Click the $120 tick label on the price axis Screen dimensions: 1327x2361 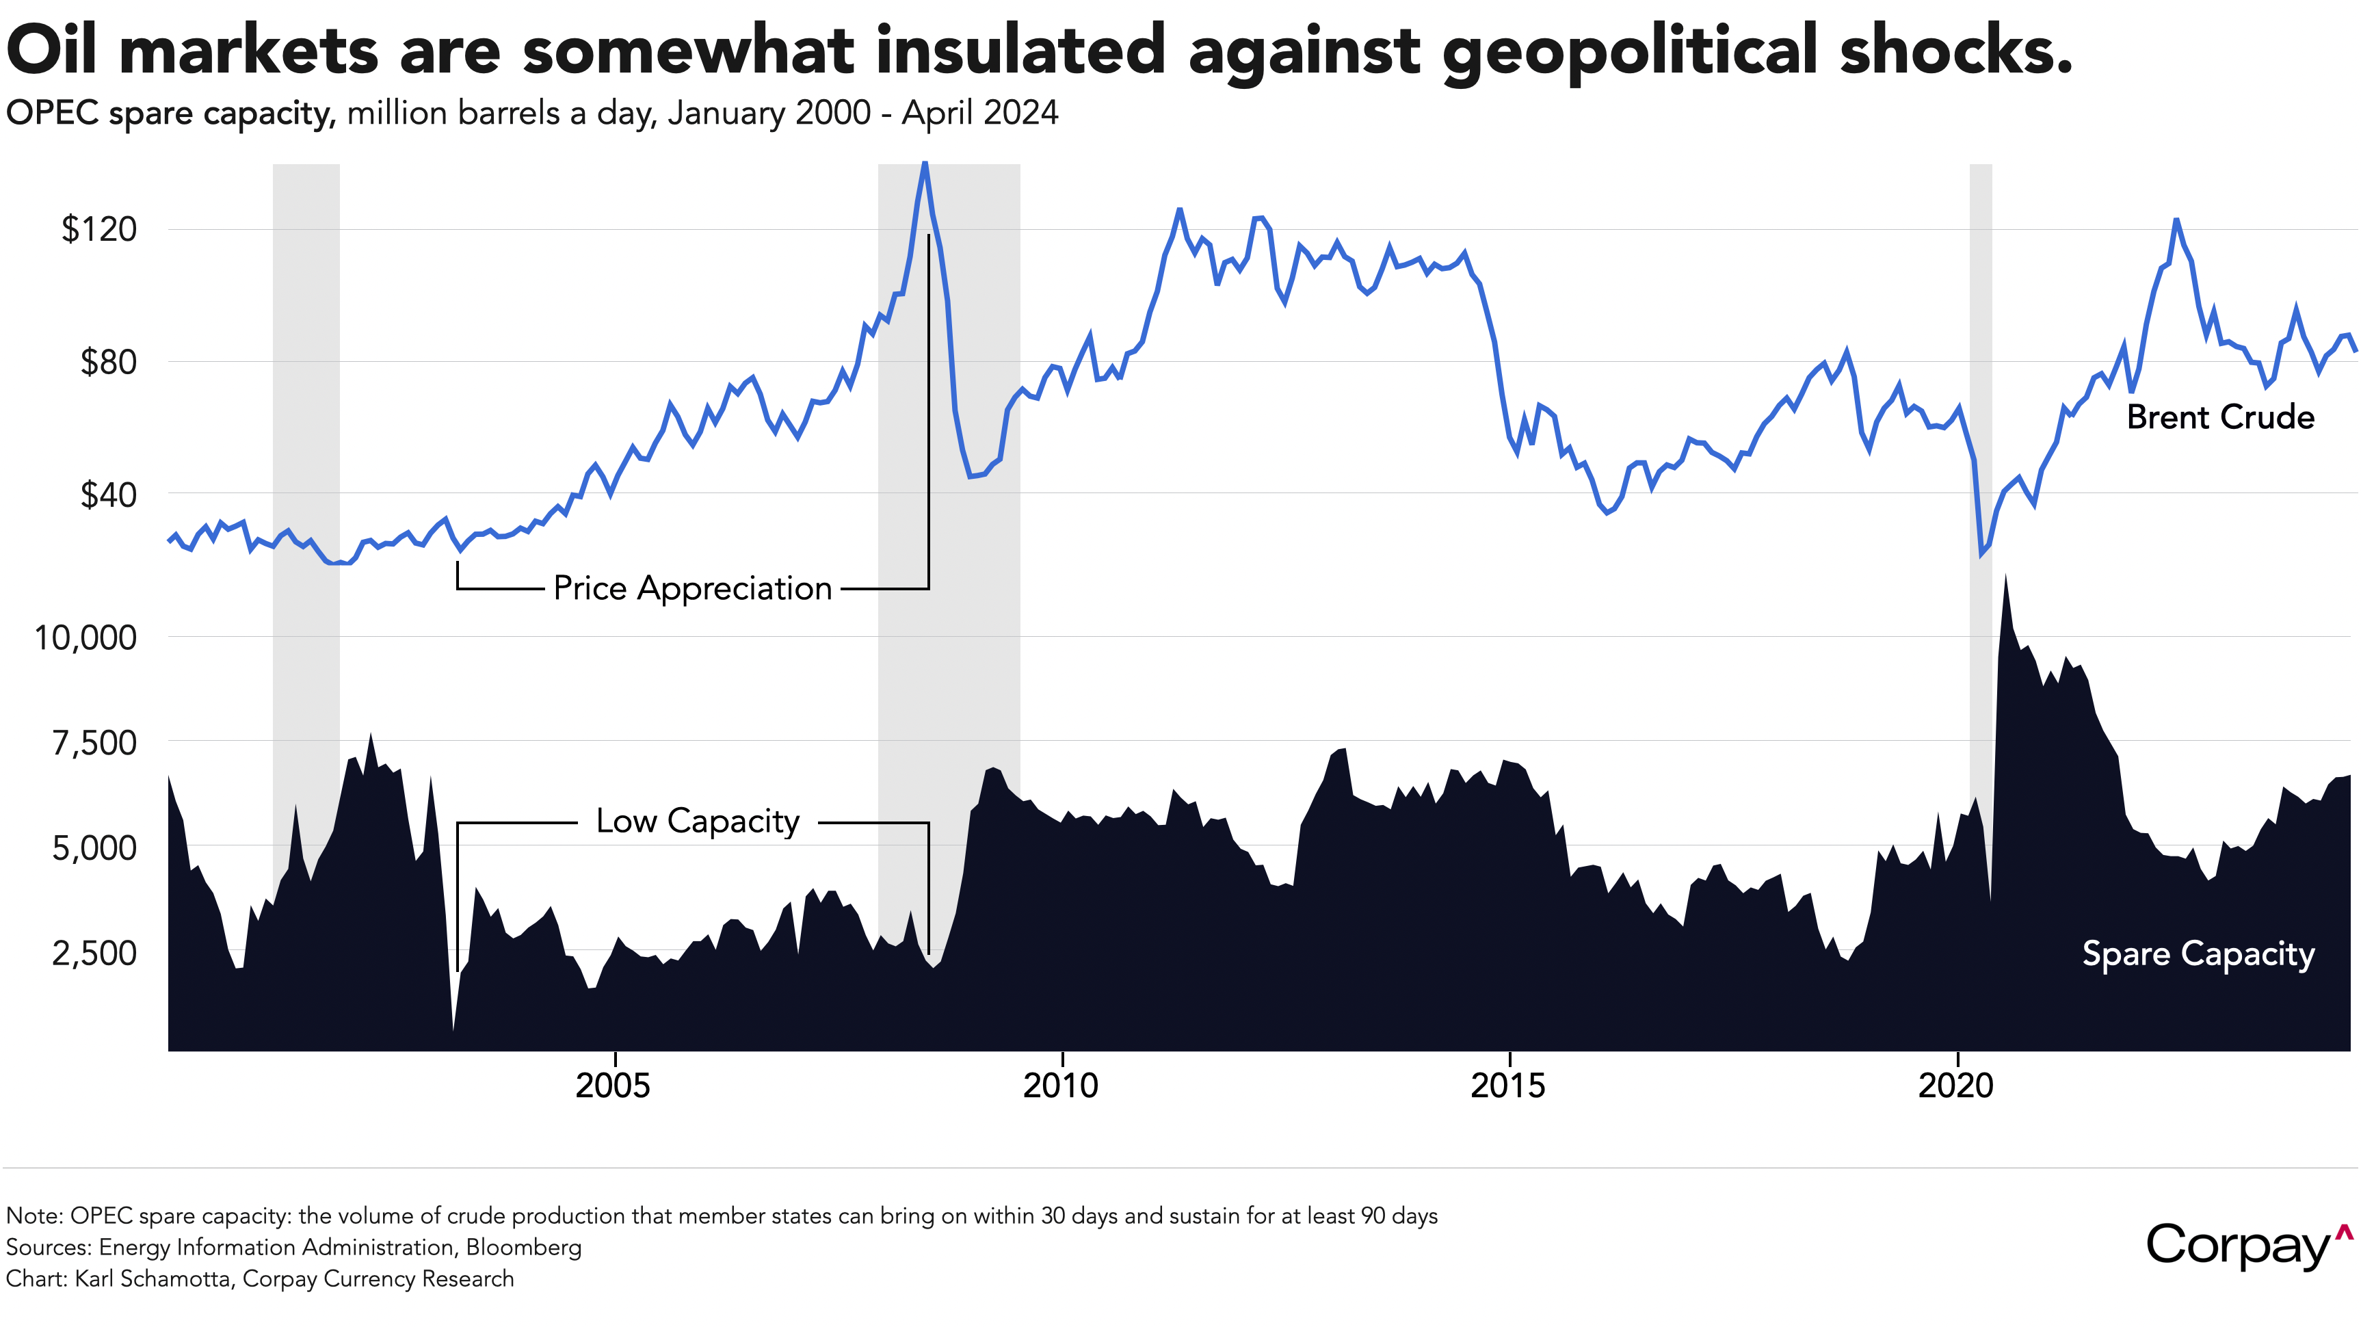tap(99, 229)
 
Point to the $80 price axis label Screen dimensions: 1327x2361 tap(108, 362)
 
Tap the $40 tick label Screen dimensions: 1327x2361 tap(108, 495)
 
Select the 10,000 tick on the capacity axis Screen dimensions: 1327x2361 tap(85, 637)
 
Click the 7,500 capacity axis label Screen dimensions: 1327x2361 tap(94, 742)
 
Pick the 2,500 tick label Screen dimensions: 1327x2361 tap(94, 953)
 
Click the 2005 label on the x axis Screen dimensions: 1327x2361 tap(614, 1086)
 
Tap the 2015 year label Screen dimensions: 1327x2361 tap(1507, 1086)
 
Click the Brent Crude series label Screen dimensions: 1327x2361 tap(2220, 417)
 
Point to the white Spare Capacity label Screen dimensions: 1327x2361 tap(2198, 954)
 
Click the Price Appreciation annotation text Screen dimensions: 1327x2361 tap(693, 588)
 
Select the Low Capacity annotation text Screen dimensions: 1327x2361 tap(698, 821)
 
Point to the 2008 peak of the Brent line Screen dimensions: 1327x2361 tap(925, 163)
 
